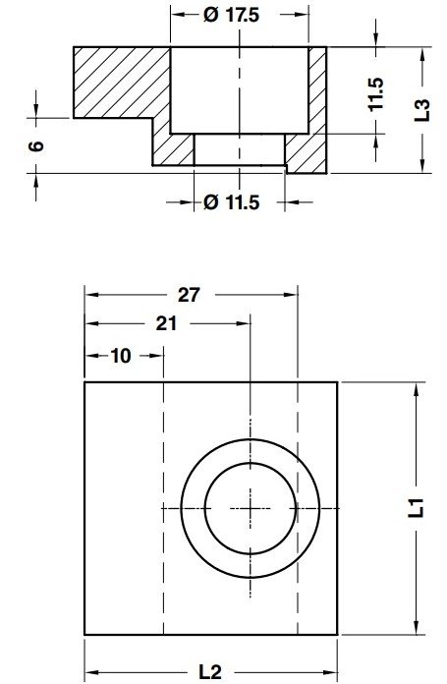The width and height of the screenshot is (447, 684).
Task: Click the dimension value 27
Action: tap(191, 294)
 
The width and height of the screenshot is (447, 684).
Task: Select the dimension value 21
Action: tap(165, 323)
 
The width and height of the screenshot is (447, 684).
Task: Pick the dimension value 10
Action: tap(121, 355)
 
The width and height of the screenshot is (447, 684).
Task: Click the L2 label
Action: tap(208, 672)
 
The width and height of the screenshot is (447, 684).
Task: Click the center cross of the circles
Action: tap(251, 507)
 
